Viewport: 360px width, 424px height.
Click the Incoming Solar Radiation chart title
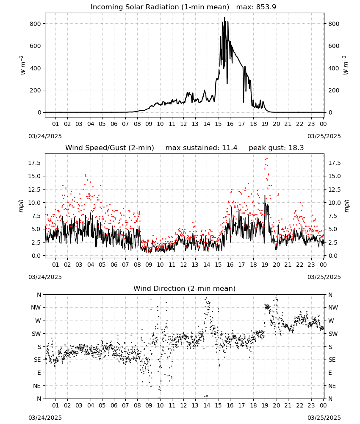point(160,7)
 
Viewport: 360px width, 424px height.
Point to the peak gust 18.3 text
point(276,148)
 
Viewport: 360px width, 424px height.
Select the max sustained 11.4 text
point(202,148)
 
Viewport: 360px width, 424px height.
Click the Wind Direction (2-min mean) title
point(185,288)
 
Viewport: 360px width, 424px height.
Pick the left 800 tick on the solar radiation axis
point(35,24)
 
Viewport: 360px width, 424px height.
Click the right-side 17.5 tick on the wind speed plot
point(334,163)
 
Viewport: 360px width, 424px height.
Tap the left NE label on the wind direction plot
point(37,386)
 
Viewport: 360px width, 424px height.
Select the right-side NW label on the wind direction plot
point(333,307)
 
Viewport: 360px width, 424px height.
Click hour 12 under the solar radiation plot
point(183,124)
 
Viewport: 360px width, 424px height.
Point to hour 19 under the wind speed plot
point(265,265)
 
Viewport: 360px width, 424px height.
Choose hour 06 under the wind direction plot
point(114,405)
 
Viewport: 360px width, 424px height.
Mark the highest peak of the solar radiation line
point(224,17)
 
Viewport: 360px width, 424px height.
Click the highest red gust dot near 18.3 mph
point(267,159)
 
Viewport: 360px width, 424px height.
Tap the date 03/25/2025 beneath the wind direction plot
point(324,418)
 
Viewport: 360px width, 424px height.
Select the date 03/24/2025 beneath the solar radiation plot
point(45,136)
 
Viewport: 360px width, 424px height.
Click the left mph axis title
point(21,206)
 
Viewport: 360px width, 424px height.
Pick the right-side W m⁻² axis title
point(346,65)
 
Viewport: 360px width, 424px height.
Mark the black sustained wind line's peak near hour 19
point(265,195)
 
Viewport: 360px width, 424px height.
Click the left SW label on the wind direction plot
point(36,334)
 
